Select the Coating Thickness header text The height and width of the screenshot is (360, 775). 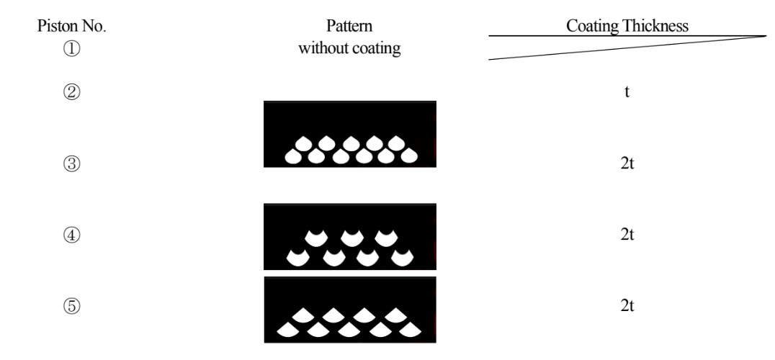(x=627, y=25)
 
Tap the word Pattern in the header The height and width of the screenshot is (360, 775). (x=350, y=26)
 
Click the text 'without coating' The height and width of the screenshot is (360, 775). (x=350, y=50)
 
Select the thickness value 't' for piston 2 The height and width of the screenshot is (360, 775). (x=627, y=93)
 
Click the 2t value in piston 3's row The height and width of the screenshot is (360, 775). (x=627, y=163)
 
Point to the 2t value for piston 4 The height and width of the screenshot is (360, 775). (x=627, y=235)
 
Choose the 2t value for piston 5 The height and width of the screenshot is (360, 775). (x=627, y=306)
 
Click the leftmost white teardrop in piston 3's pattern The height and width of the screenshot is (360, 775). (x=294, y=156)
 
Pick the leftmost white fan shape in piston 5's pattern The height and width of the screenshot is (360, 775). (x=288, y=330)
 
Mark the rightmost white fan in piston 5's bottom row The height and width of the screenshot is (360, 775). (x=410, y=330)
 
